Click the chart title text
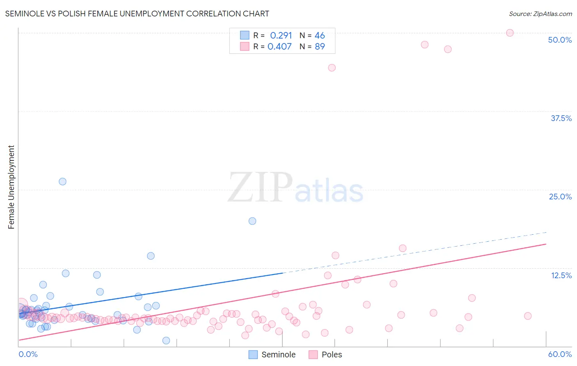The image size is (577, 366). pyautogui.click(x=137, y=14)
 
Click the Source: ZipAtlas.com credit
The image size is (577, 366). pyautogui.click(x=540, y=14)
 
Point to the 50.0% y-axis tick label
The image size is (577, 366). pyautogui.click(x=560, y=40)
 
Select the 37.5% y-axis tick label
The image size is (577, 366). pyautogui.click(x=561, y=118)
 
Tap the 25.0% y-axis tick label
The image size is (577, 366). pyautogui.click(x=560, y=197)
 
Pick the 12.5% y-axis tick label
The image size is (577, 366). pyautogui.click(x=561, y=275)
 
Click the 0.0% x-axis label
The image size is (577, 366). pyautogui.click(x=28, y=354)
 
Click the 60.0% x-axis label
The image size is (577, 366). pyautogui.click(x=560, y=354)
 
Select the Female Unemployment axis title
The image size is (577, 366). pyautogui.click(x=11, y=187)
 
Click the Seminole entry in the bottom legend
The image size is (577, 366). pyautogui.click(x=272, y=355)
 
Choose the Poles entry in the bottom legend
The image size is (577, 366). pyautogui.click(x=325, y=355)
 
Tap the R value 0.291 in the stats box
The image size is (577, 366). pyautogui.click(x=281, y=36)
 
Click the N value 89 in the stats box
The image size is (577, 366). pyautogui.click(x=320, y=47)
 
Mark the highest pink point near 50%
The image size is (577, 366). pyautogui.click(x=510, y=33)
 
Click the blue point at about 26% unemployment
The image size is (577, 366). pyautogui.click(x=62, y=181)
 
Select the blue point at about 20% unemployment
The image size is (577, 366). pyautogui.click(x=252, y=221)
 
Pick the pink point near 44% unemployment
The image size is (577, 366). pyautogui.click(x=332, y=68)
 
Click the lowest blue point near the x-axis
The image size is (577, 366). pyautogui.click(x=166, y=341)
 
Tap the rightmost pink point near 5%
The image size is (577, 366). pyautogui.click(x=528, y=316)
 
